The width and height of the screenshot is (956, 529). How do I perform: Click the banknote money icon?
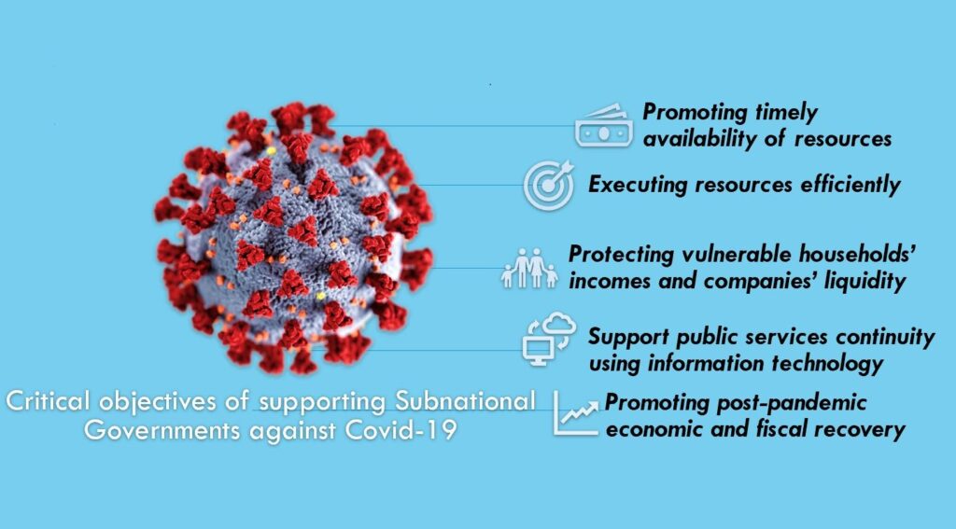point(604,126)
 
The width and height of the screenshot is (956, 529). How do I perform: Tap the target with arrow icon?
point(549,185)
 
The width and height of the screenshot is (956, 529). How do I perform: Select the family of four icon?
point(529,268)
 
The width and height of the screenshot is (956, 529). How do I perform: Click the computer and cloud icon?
point(549,339)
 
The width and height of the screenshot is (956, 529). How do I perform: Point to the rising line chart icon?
point(576,413)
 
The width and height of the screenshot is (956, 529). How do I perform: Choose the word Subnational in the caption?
point(465,401)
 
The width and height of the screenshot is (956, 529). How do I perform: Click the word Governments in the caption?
point(162,430)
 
